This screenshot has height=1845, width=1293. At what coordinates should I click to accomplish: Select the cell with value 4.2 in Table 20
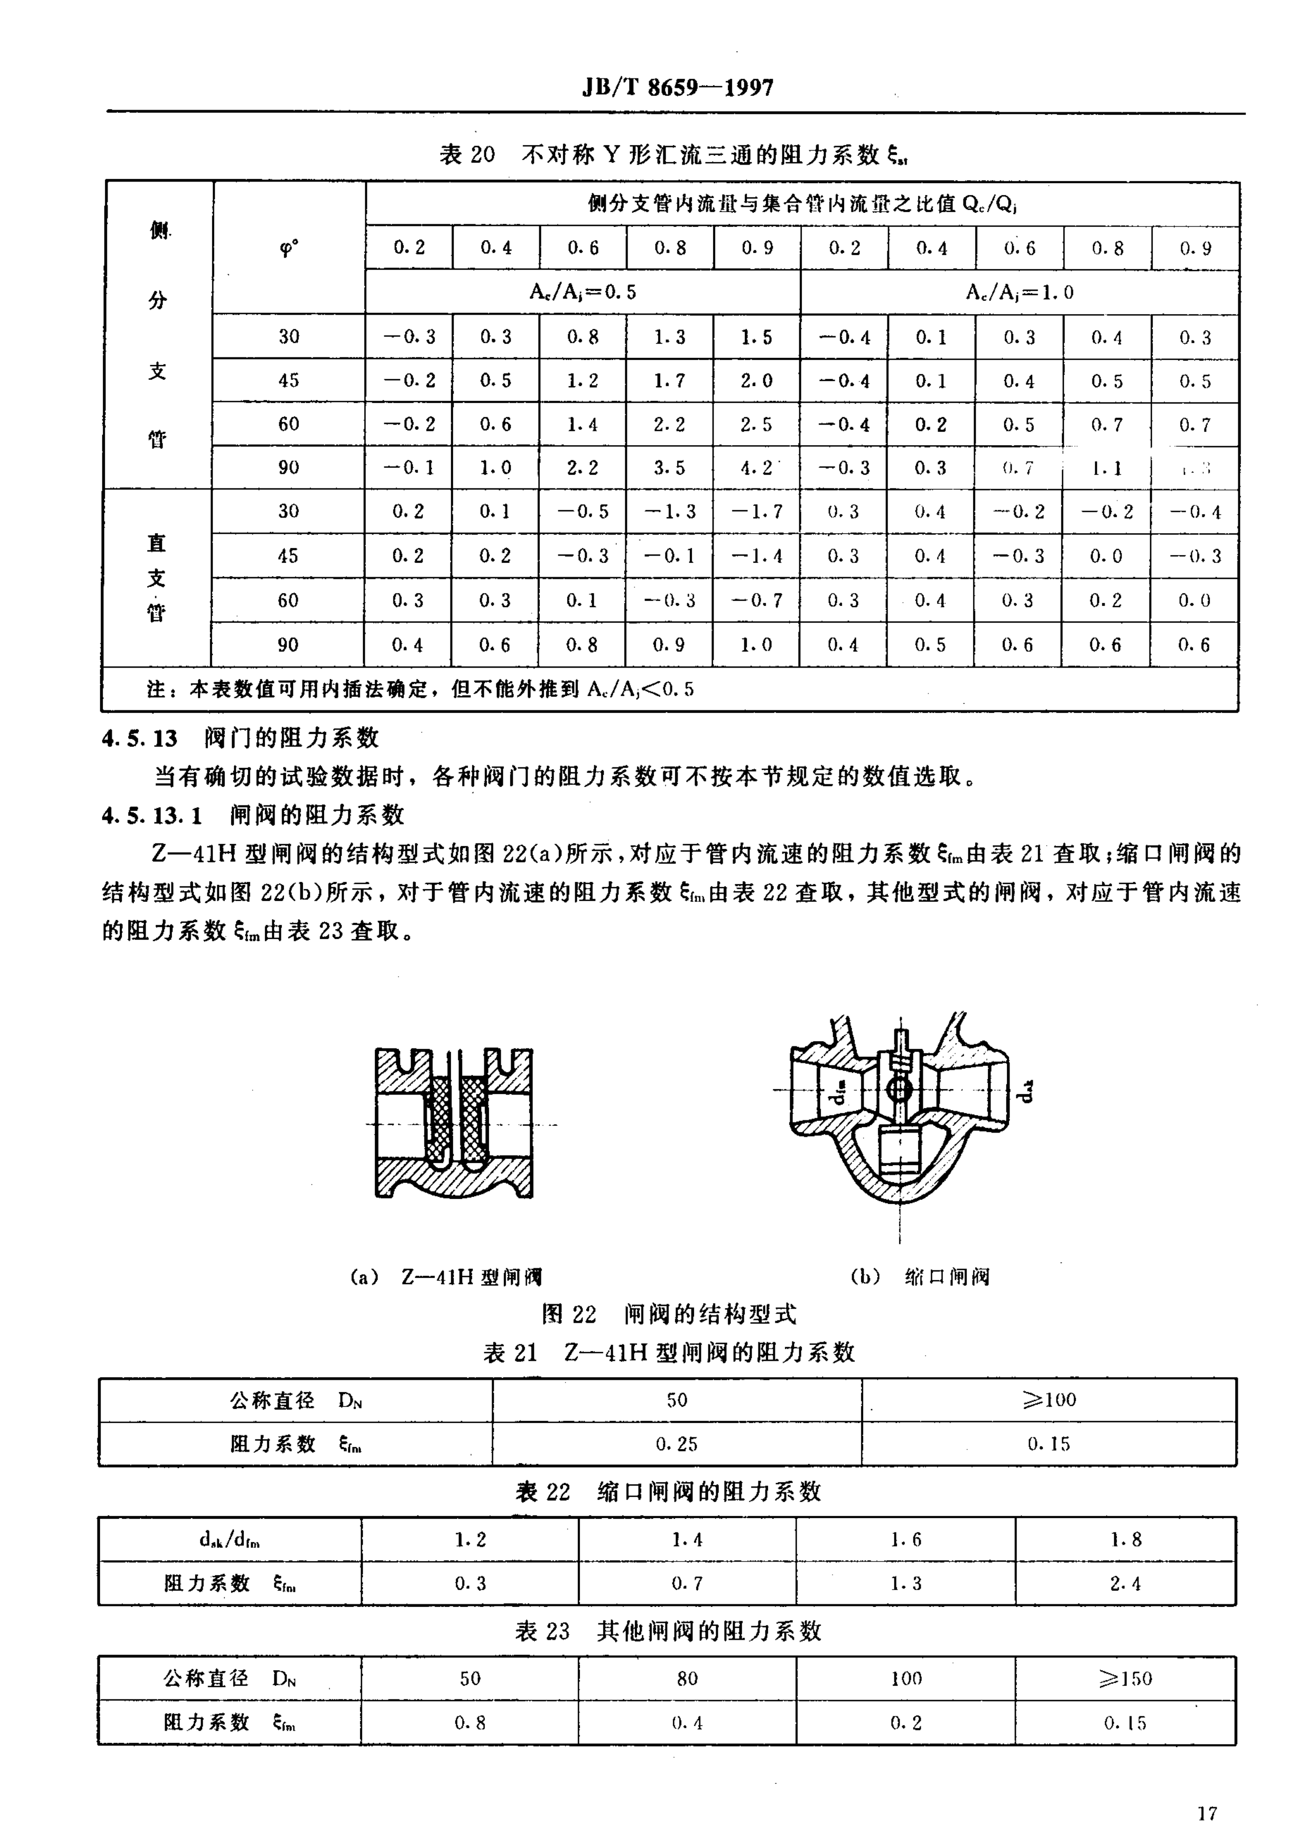(x=756, y=467)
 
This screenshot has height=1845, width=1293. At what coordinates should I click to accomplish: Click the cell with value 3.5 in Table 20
(x=669, y=467)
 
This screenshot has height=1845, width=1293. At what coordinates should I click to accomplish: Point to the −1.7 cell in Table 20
(x=756, y=512)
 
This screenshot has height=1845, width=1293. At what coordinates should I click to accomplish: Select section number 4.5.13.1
(x=152, y=816)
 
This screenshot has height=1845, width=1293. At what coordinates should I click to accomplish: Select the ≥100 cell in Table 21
(x=1049, y=1400)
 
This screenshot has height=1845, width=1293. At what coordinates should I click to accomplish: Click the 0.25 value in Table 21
(x=677, y=1444)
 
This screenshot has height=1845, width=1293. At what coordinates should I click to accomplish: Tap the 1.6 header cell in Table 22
(x=906, y=1540)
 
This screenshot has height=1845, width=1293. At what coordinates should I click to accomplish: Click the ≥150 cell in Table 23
(x=1125, y=1678)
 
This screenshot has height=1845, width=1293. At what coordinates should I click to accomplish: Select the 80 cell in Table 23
(x=687, y=1678)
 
